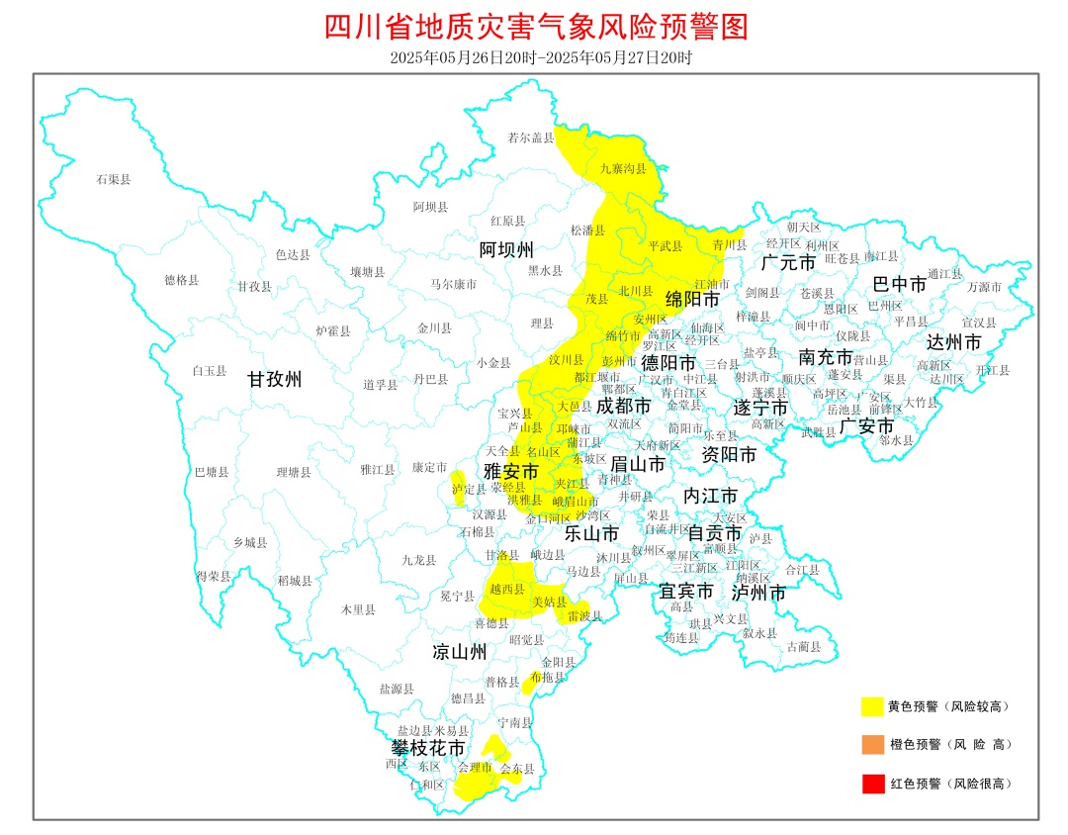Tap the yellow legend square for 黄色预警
871,706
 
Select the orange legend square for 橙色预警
871,744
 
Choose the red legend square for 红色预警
871,784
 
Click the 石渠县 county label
113,179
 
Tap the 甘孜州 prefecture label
274,379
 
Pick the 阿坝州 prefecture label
506,247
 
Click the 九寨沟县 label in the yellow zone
622,169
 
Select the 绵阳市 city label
691,298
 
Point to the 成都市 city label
623,406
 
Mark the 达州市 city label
953,342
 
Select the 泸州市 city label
758,593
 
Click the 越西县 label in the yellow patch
506,589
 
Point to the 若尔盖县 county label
530,138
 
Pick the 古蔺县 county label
802,647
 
